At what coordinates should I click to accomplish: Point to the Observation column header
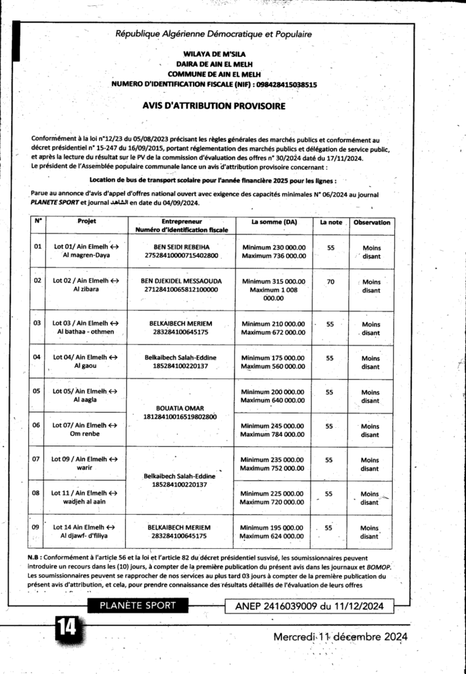click(x=371, y=222)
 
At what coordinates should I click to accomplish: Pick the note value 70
click(x=331, y=281)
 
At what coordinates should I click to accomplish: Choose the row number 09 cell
click(x=38, y=528)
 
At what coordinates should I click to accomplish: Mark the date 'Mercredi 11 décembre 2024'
click(x=340, y=636)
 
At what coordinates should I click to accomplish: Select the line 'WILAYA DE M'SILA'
click(x=213, y=57)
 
